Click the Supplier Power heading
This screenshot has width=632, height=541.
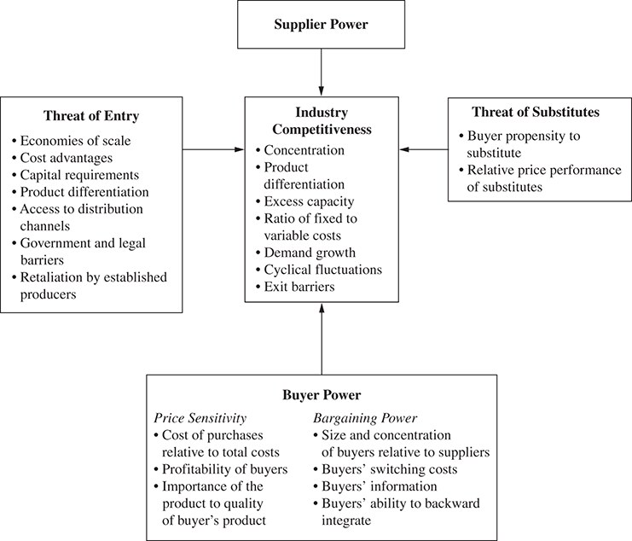coord(321,24)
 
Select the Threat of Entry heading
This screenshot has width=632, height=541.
coord(91,116)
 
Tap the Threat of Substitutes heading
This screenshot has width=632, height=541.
coord(536,112)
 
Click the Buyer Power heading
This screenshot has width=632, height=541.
coord(322,395)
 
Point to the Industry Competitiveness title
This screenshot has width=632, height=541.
coord(322,120)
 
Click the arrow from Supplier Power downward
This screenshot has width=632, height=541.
coord(322,73)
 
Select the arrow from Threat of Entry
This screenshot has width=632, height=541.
coord(213,149)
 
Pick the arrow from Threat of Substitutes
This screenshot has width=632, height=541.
coord(424,149)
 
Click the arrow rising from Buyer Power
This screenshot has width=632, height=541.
coord(322,339)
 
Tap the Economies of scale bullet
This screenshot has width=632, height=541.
coord(72,141)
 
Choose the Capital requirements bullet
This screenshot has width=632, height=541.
coord(75,175)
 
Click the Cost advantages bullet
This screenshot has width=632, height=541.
coord(62,158)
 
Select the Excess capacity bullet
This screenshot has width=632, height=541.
coord(305,201)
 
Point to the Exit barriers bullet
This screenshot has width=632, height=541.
coord(295,287)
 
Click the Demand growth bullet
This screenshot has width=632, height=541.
coord(306,253)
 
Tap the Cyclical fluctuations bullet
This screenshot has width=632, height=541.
coord(319,270)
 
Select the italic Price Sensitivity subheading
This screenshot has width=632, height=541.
coord(200,418)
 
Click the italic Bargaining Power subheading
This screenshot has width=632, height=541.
coord(365,418)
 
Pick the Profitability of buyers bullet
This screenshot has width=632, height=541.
coord(221,469)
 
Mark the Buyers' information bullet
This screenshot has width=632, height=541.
coord(375,486)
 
